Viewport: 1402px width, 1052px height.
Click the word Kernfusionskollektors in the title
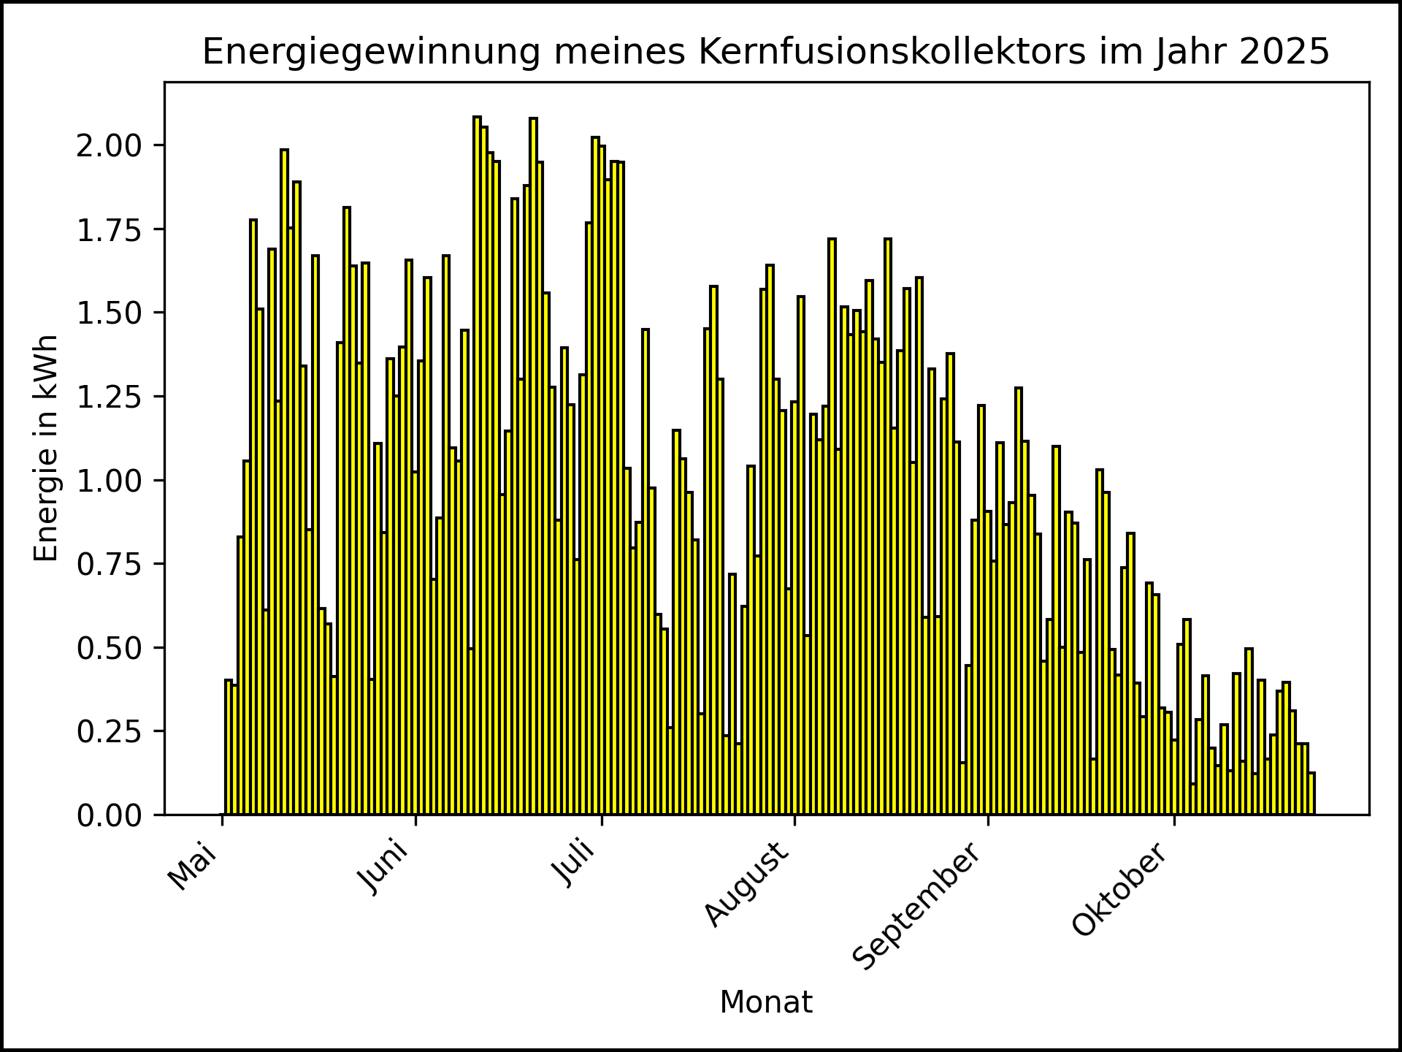(x=892, y=52)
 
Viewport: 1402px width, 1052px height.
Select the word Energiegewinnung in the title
(x=371, y=52)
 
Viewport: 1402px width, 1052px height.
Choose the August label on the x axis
(x=748, y=884)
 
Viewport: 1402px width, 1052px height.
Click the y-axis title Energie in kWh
(x=46, y=448)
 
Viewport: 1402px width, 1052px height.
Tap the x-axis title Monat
(x=766, y=1002)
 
